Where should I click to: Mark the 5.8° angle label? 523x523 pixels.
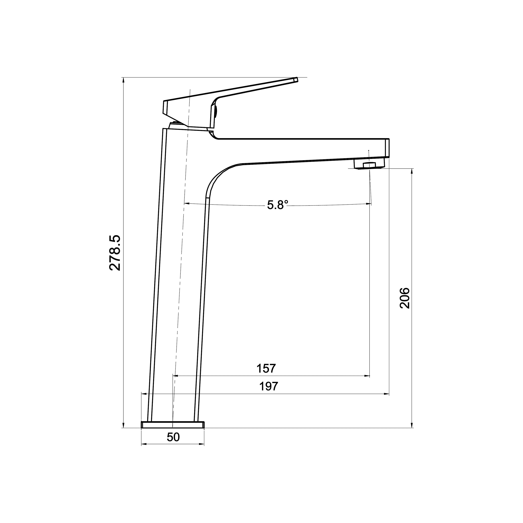tap(277, 205)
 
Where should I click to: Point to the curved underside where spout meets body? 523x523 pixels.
tap(217, 179)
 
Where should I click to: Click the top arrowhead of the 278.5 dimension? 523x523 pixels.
tap(123, 80)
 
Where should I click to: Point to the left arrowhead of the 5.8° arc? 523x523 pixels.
tap(186, 203)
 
